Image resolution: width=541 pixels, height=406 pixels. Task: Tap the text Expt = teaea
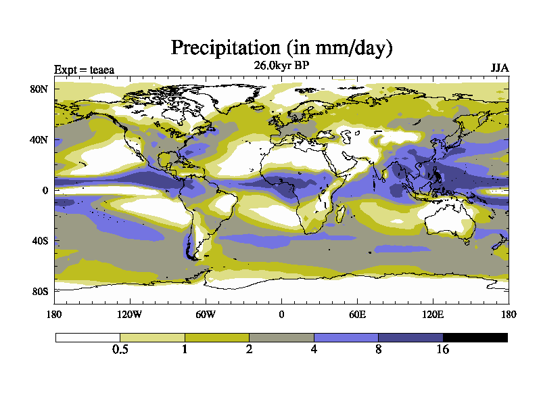click(85, 70)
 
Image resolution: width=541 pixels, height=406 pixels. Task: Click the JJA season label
click(500, 69)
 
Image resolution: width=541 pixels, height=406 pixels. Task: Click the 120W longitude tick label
click(130, 314)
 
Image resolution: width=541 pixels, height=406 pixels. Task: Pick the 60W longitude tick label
click(206, 314)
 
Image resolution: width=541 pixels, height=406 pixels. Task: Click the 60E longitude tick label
click(357, 314)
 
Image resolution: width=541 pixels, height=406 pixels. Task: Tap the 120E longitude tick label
click(433, 314)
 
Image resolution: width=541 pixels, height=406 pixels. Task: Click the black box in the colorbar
click(475, 337)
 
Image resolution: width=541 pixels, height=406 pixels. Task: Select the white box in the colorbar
click(87, 337)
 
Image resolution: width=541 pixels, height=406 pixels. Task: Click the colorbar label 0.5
click(120, 350)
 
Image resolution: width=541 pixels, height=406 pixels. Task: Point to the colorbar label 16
click(442, 350)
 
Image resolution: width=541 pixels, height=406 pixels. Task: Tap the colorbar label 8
click(378, 350)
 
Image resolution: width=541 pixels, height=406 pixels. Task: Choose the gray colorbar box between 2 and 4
click(281, 337)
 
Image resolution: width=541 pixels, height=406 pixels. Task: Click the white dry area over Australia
click(443, 220)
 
